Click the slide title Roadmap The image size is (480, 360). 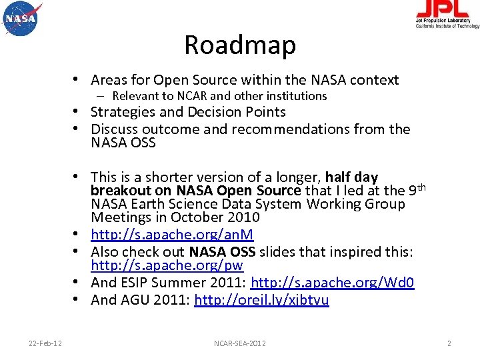point(239,45)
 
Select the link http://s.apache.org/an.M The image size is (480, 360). point(172,235)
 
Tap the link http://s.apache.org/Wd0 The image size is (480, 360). point(332,283)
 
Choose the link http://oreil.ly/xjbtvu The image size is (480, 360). point(261,300)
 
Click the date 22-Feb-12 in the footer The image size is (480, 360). point(45,343)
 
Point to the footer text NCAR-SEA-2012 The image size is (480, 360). point(239,343)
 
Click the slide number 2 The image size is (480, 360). point(449,343)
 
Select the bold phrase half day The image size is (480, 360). point(352,177)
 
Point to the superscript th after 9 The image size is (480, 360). point(420,187)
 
